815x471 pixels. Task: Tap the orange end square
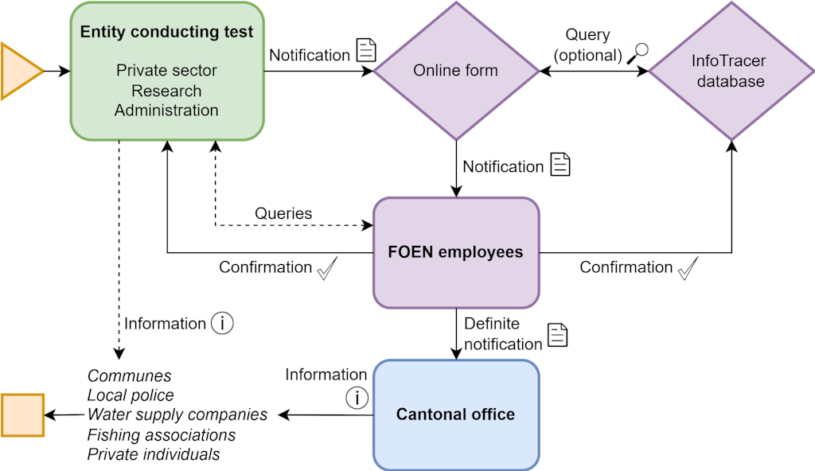(22, 415)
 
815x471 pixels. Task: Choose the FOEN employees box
(456, 252)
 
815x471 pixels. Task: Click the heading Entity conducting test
(167, 33)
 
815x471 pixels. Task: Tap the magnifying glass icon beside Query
(638, 53)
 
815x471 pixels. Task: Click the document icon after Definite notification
(558, 335)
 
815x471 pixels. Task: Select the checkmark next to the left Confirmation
(328, 269)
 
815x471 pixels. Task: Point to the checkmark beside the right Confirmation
(688, 269)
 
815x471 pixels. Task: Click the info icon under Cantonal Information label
(358, 397)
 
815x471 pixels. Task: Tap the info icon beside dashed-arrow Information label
(222, 324)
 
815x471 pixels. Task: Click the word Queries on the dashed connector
(283, 213)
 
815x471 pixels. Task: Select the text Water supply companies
(177, 415)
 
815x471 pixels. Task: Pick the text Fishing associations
(162, 435)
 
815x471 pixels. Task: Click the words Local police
(131, 395)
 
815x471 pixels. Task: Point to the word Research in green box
(167, 91)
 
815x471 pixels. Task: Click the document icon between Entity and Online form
(365, 50)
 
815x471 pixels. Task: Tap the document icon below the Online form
(561, 164)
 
